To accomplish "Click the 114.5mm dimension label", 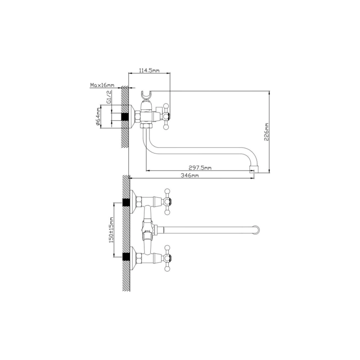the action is (149, 71).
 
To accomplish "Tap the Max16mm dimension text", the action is (102, 85).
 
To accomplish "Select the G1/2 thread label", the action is (109, 97).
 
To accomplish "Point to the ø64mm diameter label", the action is (98, 117).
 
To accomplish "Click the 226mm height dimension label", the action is (266, 132).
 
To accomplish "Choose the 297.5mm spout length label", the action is (200, 168).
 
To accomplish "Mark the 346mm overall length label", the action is (189, 175).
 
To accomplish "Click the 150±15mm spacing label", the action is (111, 230).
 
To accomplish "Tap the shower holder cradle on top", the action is (146, 96).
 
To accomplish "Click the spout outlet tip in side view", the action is (254, 170).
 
